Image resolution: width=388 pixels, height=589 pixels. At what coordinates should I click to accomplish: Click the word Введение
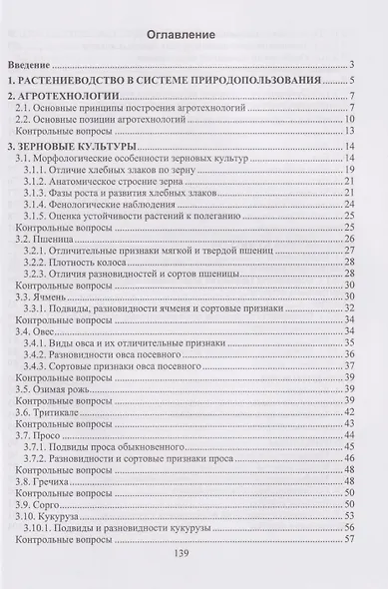[45, 64]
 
